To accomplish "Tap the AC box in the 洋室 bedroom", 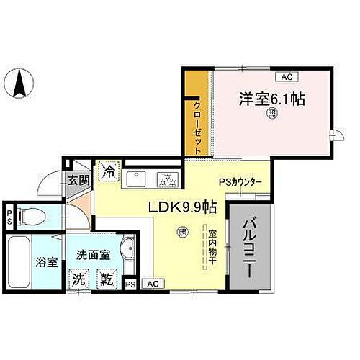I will (286, 76).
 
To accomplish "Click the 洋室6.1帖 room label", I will (273, 99).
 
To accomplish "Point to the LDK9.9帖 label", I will (183, 207).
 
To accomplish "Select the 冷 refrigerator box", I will (107, 173).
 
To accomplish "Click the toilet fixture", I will (29, 216).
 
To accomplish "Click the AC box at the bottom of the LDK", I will (151, 284).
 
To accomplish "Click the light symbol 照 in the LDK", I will (183, 232).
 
